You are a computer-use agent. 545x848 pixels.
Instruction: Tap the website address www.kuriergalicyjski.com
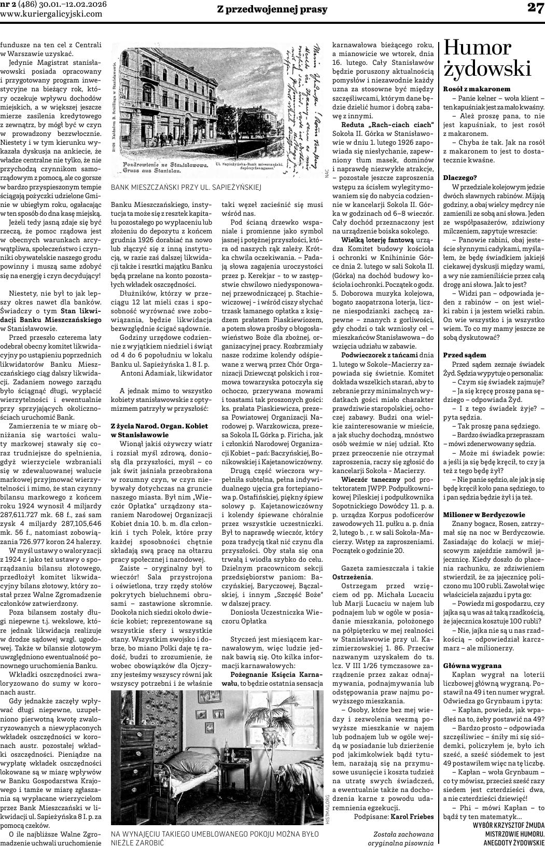tap(51, 13)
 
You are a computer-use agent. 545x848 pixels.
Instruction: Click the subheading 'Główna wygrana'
tap(472, 665)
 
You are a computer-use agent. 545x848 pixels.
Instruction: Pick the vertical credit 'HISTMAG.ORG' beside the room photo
tap(328, 811)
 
